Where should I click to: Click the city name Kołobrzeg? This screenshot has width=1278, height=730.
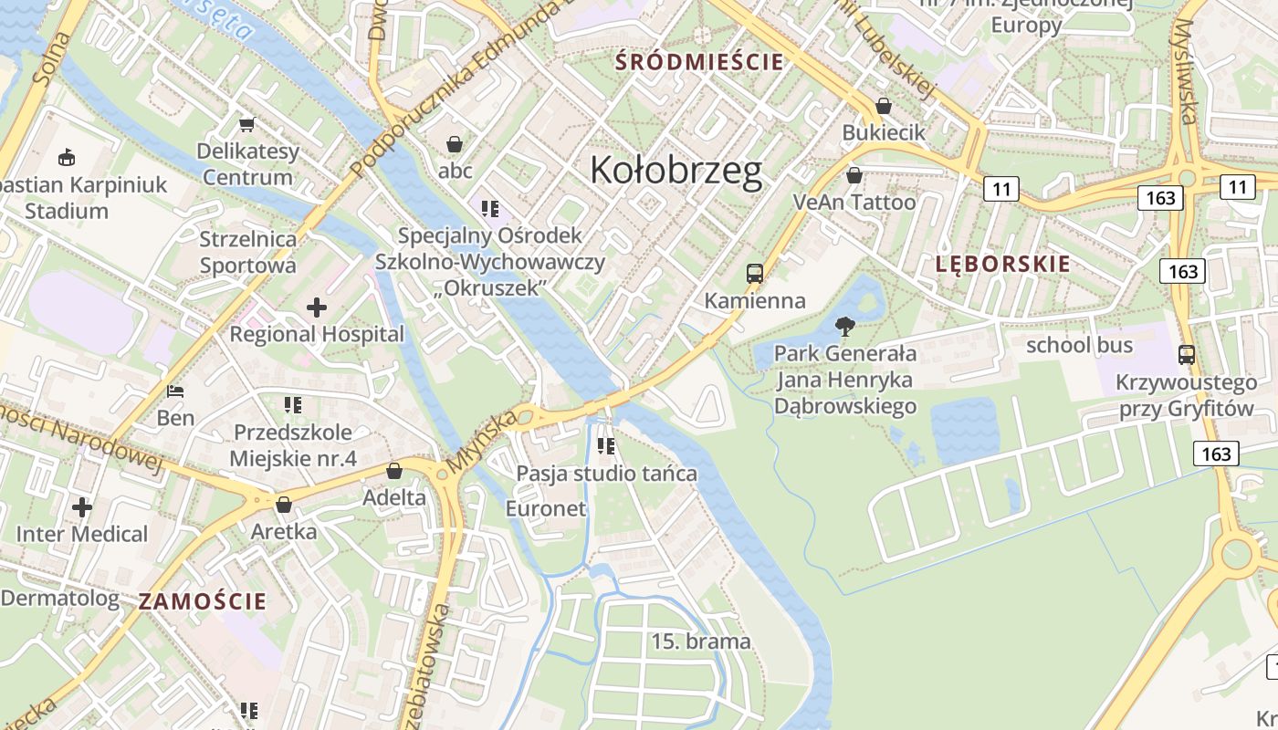(x=676, y=171)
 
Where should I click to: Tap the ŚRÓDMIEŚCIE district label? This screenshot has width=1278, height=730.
(x=699, y=62)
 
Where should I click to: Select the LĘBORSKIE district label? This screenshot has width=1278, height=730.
(x=1002, y=264)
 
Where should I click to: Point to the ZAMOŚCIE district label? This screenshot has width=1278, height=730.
(x=203, y=601)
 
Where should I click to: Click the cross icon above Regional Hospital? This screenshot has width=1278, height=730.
(x=317, y=308)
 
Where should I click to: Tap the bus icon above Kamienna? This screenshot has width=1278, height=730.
(x=754, y=273)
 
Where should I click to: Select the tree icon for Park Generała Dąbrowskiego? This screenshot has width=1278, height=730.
(x=845, y=326)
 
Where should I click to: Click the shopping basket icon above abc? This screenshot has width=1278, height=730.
(x=455, y=144)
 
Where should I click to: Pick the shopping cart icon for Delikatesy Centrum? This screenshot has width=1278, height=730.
(x=246, y=124)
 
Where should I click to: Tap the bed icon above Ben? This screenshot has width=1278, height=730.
(x=175, y=391)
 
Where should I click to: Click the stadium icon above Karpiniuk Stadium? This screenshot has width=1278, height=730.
(x=66, y=158)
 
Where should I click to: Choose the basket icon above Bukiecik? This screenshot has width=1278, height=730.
(x=883, y=106)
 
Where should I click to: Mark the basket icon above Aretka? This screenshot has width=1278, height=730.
(x=284, y=505)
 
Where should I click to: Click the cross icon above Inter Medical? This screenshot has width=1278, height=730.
(x=82, y=506)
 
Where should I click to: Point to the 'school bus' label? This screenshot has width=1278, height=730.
(x=1079, y=345)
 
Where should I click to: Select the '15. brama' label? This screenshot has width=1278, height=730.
(x=701, y=641)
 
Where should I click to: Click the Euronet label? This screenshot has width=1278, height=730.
(x=546, y=508)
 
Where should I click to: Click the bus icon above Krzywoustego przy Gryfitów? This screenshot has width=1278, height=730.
(x=1186, y=355)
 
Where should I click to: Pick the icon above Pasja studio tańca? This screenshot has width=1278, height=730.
(x=606, y=446)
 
